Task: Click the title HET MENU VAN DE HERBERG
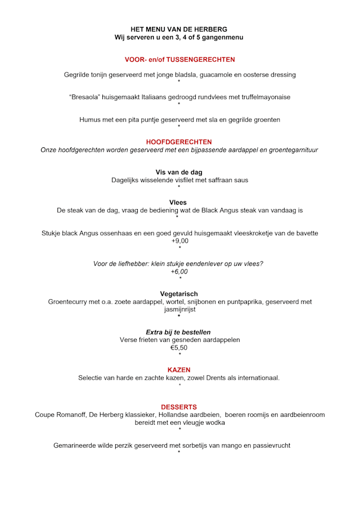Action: pyautogui.click(x=179, y=29)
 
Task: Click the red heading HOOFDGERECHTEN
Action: pyautogui.click(x=179, y=142)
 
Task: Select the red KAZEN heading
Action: pyautogui.click(x=179, y=370)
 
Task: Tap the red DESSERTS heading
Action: pyautogui.click(x=179, y=407)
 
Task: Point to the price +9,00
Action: pyautogui.click(x=179, y=241)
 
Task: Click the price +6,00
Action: pyautogui.click(x=179, y=271)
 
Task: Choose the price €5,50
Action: pyautogui.click(x=179, y=348)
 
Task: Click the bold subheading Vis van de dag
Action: pyautogui.click(x=179, y=172)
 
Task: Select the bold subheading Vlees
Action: pyautogui.click(x=178, y=202)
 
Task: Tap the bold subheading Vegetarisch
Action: pyautogui.click(x=179, y=294)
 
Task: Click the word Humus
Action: pyautogui.click(x=90, y=119)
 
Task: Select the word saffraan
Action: pyautogui.click(x=212, y=180)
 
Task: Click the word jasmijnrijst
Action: pyautogui.click(x=179, y=309)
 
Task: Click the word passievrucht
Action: pyautogui.click(x=269, y=445)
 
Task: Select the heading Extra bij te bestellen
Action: pyautogui.click(x=178, y=332)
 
